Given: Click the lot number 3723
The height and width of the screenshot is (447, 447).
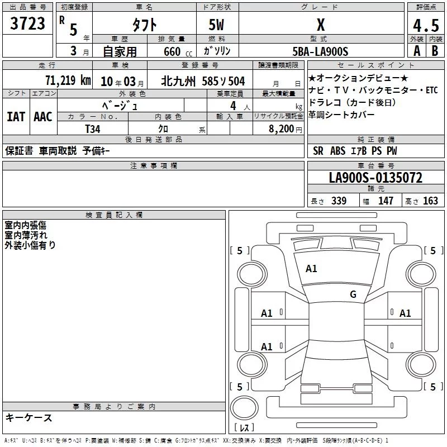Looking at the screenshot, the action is pyautogui.click(x=27, y=23).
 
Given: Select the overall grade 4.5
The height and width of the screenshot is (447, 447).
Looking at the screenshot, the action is pyautogui.click(x=426, y=25).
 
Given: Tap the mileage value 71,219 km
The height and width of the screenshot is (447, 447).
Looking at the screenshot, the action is pyautogui.click(x=68, y=80).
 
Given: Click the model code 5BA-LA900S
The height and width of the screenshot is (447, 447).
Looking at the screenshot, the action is pyautogui.click(x=320, y=51).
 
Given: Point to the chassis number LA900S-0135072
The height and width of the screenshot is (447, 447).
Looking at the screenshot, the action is pyautogui.click(x=375, y=177).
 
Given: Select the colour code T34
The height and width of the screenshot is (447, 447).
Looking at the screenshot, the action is pyautogui.click(x=93, y=129).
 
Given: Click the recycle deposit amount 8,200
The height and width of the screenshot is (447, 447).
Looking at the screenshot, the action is pyautogui.click(x=281, y=129).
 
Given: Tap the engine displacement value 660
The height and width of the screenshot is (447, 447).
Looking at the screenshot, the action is pyautogui.click(x=172, y=51).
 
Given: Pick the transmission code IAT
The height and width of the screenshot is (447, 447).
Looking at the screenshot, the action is pyautogui.click(x=16, y=117).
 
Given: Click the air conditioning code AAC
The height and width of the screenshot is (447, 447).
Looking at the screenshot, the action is pyautogui.click(x=43, y=117).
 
